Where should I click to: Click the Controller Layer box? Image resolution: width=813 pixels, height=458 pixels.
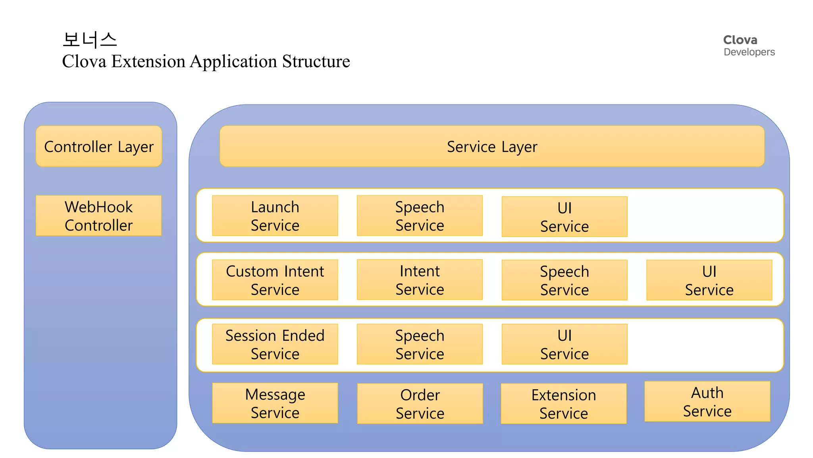click(x=99, y=146)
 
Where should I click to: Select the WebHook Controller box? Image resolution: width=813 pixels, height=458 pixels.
click(x=99, y=215)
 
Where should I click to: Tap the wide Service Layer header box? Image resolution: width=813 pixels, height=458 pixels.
click(x=492, y=146)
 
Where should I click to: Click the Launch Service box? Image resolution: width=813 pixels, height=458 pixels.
click(x=275, y=215)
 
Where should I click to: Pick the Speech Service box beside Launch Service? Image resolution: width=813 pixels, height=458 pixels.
click(x=420, y=215)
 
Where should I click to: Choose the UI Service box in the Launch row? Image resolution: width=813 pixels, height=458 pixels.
click(x=564, y=217)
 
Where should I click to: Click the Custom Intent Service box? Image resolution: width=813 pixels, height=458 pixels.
click(x=275, y=280)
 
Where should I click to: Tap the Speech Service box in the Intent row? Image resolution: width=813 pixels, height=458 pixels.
click(x=564, y=280)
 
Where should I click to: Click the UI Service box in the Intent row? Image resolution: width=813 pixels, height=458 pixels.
click(x=709, y=280)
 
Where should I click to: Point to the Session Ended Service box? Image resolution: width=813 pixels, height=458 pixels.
click(x=275, y=344)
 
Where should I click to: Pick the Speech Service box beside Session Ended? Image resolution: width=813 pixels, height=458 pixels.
click(x=420, y=344)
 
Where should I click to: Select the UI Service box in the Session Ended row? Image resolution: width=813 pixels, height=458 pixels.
click(x=564, y=344)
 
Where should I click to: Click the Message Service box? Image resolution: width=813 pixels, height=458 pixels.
click(x=275, y=403)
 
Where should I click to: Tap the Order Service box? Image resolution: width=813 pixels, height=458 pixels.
click(x=420, y=404)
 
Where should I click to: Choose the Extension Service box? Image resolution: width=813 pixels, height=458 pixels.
click(x=564, y=404)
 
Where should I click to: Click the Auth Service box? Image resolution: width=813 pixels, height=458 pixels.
click(x=707, y=402)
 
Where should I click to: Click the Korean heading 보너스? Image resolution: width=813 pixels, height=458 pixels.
click(x=90, y=40)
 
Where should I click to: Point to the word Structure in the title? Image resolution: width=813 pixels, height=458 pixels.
click(x=316, y=62)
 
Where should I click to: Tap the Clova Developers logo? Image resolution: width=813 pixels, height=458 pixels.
click(x=749, y=46)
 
